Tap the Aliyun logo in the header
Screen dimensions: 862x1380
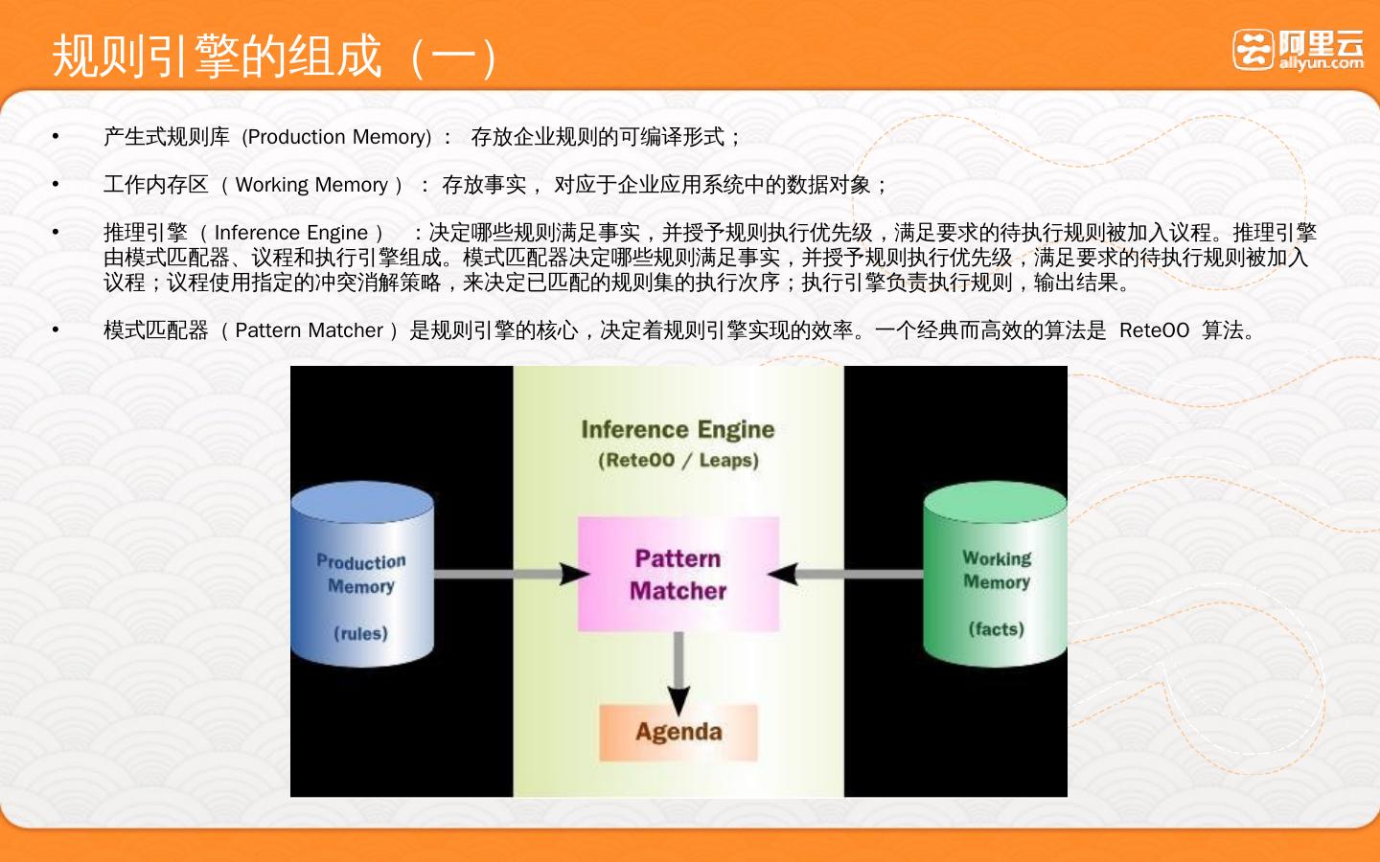click(x=1298, y=50)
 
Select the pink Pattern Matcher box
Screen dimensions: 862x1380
click(x=678, y=574)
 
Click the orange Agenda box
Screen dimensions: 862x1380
click(x=678, y=732)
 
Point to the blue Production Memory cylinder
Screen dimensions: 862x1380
click(x=361, y=575)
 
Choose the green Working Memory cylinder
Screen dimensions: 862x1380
click(x=996, y=575)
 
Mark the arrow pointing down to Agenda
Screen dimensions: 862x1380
click(x=678, y=670)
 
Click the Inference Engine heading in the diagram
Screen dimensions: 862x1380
click(x=678, y=429)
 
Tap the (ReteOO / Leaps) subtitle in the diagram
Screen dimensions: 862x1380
click(x=678, y=460)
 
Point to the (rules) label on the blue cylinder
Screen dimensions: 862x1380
click(x=360, y=633)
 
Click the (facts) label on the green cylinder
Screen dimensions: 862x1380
click(x=996, y=628)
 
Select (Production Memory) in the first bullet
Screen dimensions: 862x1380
click(x=336, y=137)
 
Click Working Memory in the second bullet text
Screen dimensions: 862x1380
click(x=311, y=185)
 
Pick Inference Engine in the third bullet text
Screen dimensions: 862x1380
click(x=290, y=233)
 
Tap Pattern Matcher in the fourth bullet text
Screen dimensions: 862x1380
click(x=309, y=330)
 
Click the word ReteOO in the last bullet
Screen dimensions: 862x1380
click(x=1154, y=330)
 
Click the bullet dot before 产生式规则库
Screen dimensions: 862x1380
click(x=56, y=137)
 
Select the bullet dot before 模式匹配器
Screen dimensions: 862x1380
click(x=56, y=330)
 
